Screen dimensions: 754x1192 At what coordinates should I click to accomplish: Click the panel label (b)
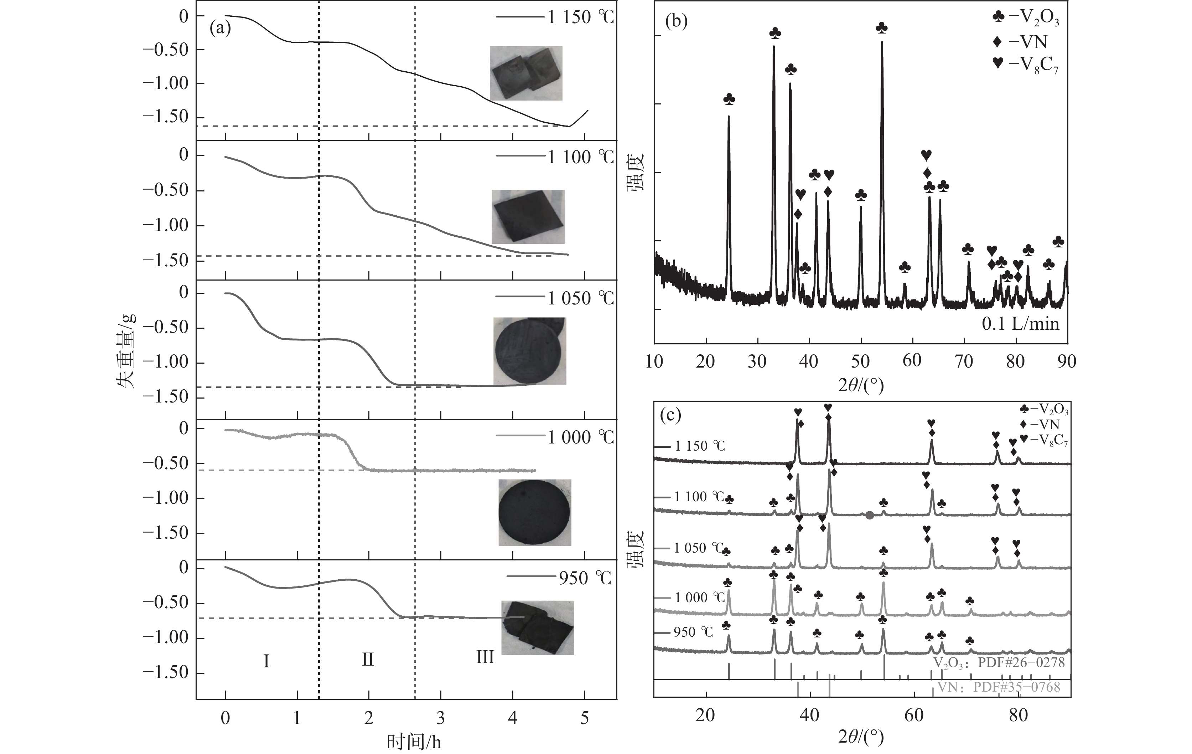677,21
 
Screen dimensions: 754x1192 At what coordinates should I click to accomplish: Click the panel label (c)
671,415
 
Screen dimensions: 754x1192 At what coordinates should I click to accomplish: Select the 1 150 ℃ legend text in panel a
580,17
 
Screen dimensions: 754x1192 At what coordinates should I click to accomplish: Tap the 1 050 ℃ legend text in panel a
580,298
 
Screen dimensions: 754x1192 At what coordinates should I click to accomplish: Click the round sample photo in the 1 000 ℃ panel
535,512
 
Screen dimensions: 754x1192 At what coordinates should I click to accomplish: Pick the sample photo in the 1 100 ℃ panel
528,216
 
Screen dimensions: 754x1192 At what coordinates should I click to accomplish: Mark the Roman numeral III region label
484,657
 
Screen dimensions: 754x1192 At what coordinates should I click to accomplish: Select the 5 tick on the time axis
585,718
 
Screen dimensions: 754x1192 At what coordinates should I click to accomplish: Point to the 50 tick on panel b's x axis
860,361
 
